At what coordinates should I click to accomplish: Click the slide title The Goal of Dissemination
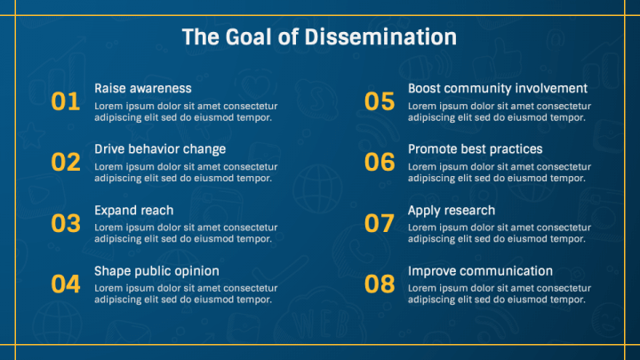click(319, 37)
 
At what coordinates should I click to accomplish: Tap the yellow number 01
click(66, 102)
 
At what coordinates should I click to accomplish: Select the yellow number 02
click(66, 163)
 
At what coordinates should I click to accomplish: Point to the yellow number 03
click(66, 224)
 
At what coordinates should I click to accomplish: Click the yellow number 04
click(66, 284)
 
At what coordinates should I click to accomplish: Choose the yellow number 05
click(380, 102)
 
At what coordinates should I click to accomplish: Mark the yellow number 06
click(380, 163)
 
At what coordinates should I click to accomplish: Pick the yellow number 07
click(380, 224)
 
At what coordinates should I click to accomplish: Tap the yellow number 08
click(380, 284)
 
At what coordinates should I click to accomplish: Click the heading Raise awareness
click(142, 89)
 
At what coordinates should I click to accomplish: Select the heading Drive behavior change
click(160, 149)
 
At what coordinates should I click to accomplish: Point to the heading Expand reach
click(133, 211)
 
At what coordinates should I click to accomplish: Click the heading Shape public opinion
click(156, 271)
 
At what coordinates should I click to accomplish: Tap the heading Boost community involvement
click(497, 89)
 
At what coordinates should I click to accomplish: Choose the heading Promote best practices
click(475, 149)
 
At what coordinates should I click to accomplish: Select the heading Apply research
click(452, 211)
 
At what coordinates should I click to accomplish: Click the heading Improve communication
click(480, 271)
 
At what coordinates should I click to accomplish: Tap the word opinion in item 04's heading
click(196, 272)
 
